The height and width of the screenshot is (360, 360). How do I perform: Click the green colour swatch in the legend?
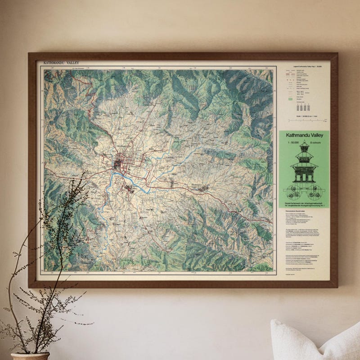tap(290, 98)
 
